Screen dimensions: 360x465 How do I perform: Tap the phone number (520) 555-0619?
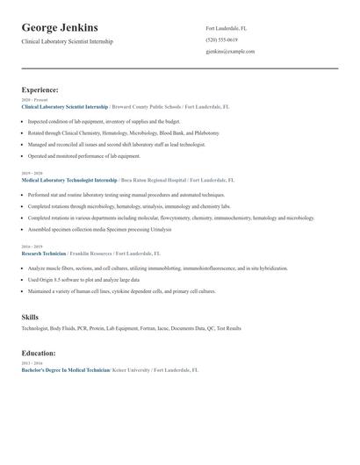[221, 39]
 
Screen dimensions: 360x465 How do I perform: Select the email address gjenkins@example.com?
[230, 51]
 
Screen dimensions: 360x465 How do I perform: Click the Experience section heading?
[40, 89]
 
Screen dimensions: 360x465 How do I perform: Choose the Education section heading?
[39, 353]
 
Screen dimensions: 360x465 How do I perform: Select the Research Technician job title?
[44, 253]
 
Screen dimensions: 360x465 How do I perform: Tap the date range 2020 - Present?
[32, 100]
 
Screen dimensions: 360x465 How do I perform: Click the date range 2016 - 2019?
[31, 247]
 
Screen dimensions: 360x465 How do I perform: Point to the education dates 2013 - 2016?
[31, 363]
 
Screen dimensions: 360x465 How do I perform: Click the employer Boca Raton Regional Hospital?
[153, 180]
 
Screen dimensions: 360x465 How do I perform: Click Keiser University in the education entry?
[133, 370]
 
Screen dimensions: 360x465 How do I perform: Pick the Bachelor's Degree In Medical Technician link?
[66, 370]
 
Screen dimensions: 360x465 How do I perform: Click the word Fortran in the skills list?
[147, 328]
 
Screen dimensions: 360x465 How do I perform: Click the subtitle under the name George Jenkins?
[67, 41]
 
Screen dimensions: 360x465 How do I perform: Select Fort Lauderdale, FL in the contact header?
[226, 28]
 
